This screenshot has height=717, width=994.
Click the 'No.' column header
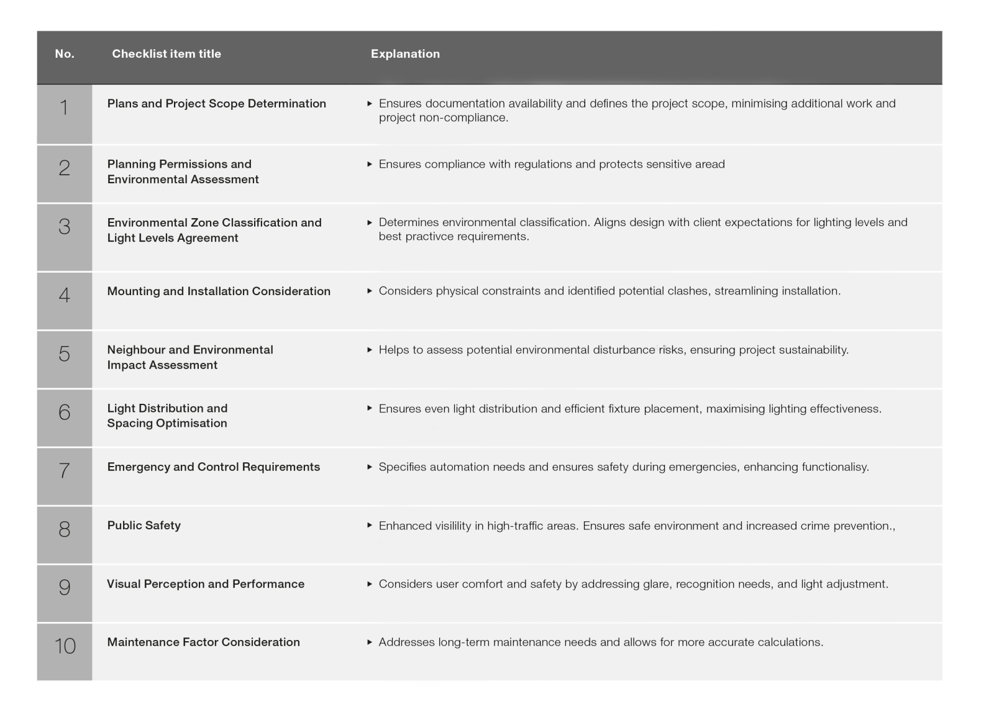(x=65, y=54)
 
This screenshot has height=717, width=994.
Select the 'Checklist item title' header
(x=166, y=54)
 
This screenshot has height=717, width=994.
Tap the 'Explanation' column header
(x=405, y=54)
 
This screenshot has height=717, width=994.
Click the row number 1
(x=64, y=108)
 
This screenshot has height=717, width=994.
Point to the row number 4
(x=64, y=295)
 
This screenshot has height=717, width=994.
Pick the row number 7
(x=64, y=470)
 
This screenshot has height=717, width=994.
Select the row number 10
(x=65, y=646)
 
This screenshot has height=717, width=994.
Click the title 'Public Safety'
(x=144, y=526)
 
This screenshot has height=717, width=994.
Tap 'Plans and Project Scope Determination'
(x=216, y=104)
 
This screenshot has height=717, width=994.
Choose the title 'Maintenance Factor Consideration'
(x=203, y=642)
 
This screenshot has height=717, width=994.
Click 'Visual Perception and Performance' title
(x=206, y=584)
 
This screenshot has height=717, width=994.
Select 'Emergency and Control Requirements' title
(x=213, y=467)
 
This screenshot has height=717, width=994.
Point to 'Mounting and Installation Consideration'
(x=219, y=291)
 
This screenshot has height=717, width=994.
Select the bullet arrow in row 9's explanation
(x=370, y=584)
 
